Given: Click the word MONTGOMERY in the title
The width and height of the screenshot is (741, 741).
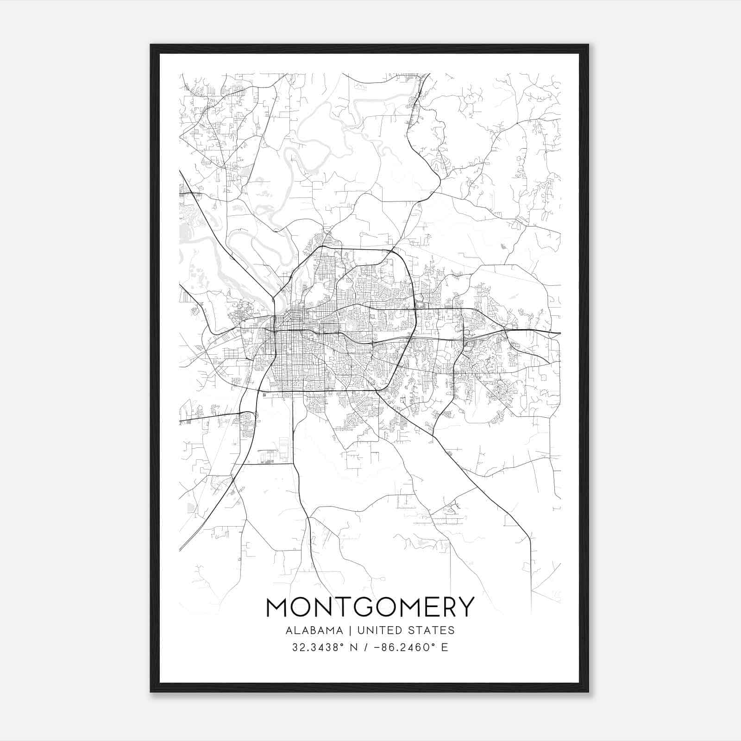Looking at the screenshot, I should [370, 607].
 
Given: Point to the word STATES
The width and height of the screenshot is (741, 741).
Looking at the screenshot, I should [432, 630].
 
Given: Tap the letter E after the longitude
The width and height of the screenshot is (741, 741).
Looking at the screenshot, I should [445, 647].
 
